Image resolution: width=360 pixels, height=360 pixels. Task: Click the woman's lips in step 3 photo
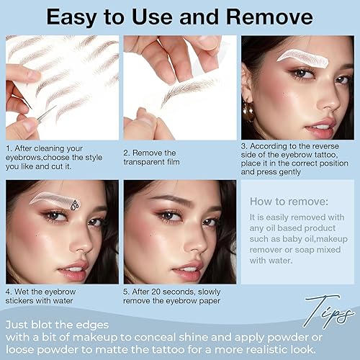(x=319, y=132)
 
